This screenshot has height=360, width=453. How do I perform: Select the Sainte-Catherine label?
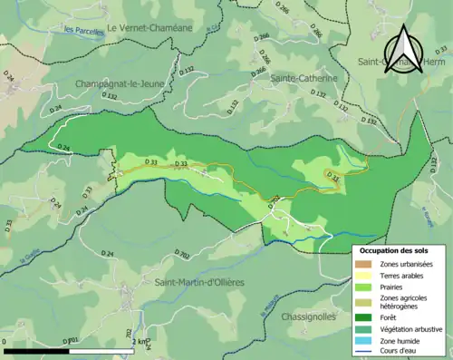point(304,79)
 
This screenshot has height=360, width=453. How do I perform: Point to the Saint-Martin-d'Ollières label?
point(199,283)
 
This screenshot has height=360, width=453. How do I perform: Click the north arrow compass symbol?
point(403,47)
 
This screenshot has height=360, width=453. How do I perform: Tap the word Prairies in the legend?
point(395,287)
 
